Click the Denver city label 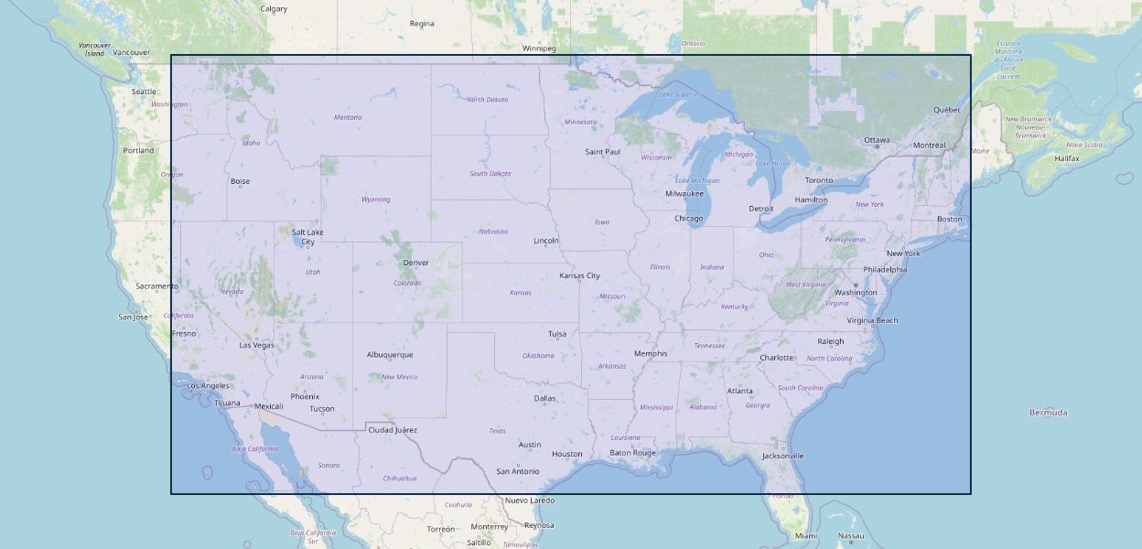[x=415, y=263]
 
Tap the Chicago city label [x=688, y=219]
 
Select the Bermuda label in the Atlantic [x=1048, y=413]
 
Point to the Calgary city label [x=274, y=9]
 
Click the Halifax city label [x=1066, y=158]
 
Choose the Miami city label [x=805, y=536]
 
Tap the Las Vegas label [x=256, y=345]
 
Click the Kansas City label [x=579, y=275]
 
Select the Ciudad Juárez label [x=392, y=430]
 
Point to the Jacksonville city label [x=782, y=456]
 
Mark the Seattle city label [x=144, y=91]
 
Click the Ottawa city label [x=877, y=140]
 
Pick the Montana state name [x=348, y=117]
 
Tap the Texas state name [x=497, y=431]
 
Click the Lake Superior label [x=678, y=94]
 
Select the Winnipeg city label [x=539, y=48]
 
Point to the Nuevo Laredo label [x=530, y=501]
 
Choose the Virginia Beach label [x=872, y=320]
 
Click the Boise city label [x=240, y=181]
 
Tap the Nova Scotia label [x=1084, y=145]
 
